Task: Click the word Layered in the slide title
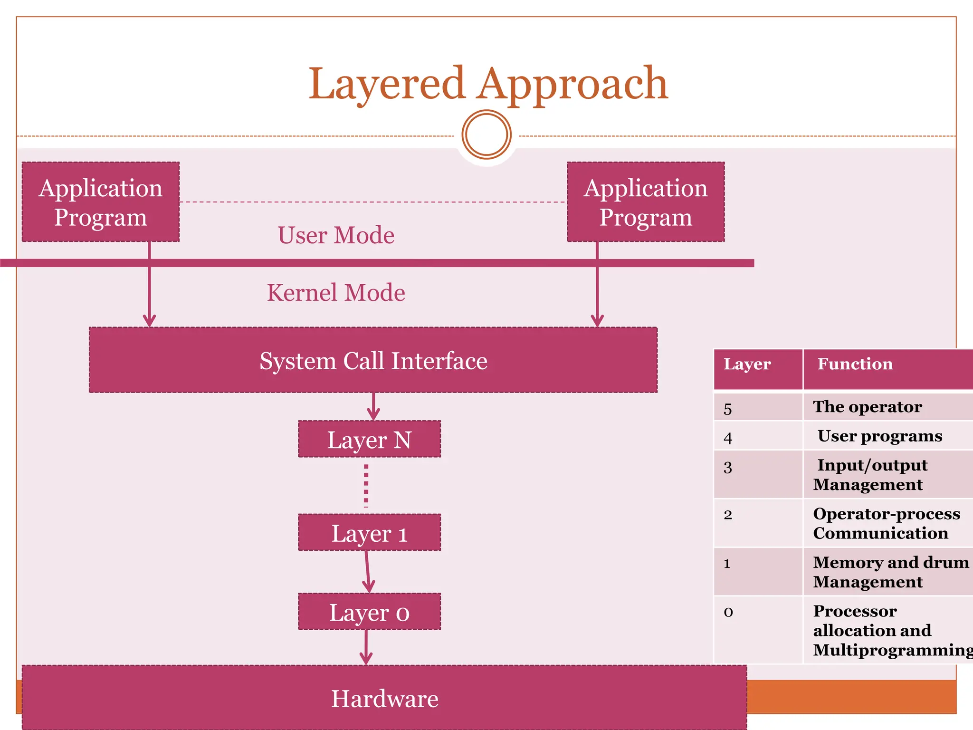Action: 386,85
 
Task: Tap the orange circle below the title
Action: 486,134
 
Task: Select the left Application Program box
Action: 101,202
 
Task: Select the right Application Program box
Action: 645,202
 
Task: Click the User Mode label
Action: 336,235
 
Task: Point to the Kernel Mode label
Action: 336,293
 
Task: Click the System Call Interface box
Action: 373,360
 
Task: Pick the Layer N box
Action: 369,440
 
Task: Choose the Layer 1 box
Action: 369,533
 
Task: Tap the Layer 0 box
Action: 369,612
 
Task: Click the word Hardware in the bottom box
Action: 384,699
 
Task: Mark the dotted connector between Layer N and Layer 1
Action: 366,485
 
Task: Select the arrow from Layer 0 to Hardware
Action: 366,647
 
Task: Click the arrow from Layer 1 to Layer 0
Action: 367,572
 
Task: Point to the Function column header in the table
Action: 855,364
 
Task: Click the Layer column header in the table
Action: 747,364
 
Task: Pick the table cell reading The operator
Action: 868,407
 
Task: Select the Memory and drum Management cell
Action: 890,572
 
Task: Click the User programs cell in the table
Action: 879,436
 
